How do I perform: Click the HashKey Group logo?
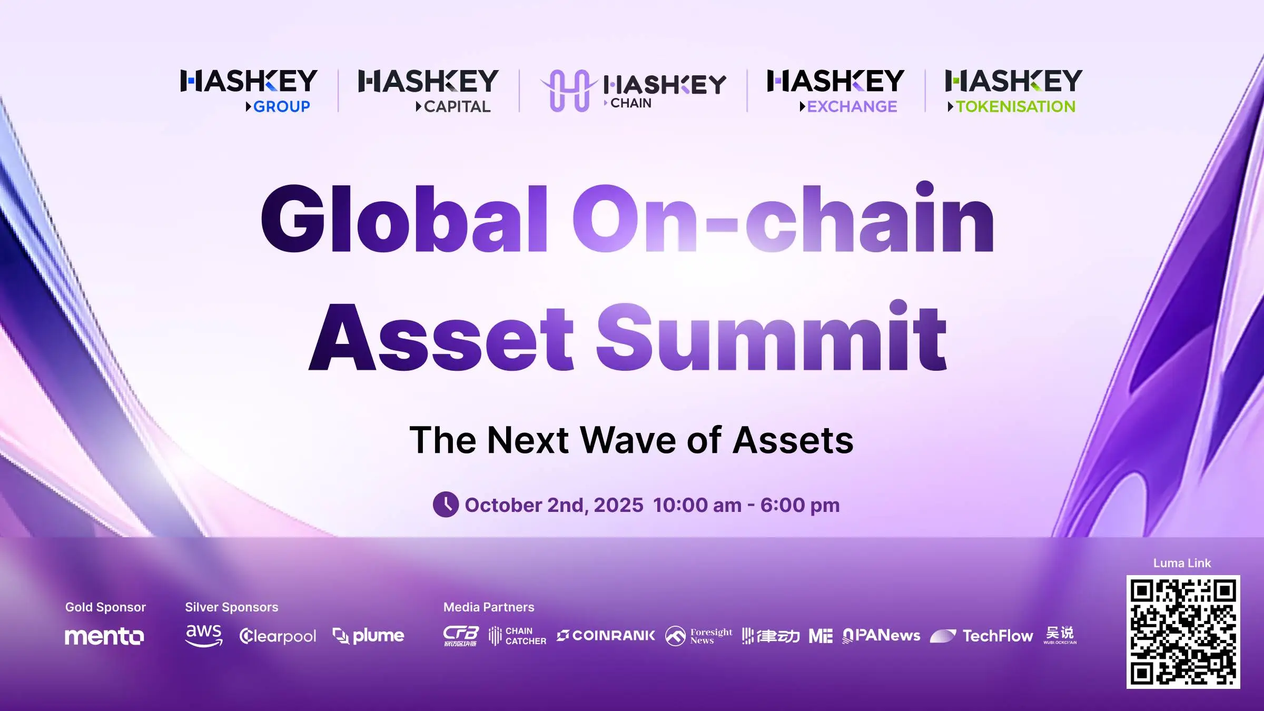(x=249, y=91)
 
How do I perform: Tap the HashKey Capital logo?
(x=428, y=91)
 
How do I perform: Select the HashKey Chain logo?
(x=633, y=91)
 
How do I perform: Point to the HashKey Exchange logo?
(x=835, y=91)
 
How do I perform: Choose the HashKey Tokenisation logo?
(x=1014, y=91)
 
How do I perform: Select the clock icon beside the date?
(x=446, y=505)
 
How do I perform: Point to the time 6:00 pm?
(x=800, y=505)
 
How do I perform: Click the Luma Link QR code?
(x=1183, y=631)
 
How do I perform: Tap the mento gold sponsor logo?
(x=104, y=636)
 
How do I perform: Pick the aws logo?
(x=204, y=635)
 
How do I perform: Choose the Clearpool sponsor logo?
(x=278, y=636)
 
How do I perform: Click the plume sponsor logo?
(x=369, y=636)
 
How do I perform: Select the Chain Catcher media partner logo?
(x=517, y=636)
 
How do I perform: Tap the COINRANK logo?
(x=606, y=636)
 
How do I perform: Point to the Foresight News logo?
(x=698, y=636)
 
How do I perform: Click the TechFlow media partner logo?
(x=981, y=636)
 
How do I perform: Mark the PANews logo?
(x=881, y=636)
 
